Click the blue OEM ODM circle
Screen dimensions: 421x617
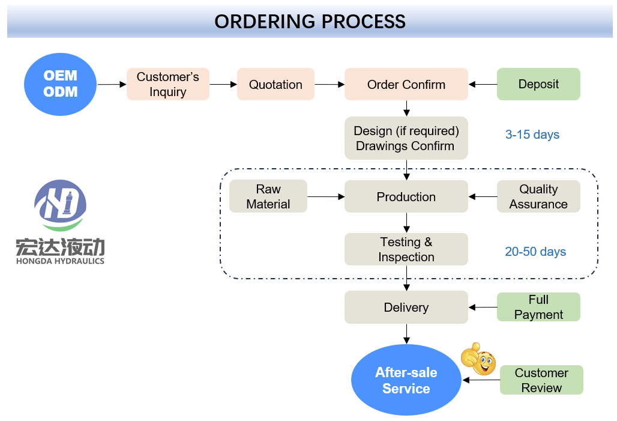coord(60,84)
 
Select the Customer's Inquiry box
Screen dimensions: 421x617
coord(167,84)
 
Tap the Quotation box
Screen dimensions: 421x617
coord(275,84)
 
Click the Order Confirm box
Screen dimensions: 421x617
coord(406,84)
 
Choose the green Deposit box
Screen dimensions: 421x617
coord(538,84)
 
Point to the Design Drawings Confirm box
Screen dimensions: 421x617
coord(406,138)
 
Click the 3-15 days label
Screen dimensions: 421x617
coord(532,135)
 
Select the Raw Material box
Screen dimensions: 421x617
coord(268,196)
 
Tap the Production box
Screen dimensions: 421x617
coord(406,196)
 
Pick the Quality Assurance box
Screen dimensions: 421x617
coord(538,196)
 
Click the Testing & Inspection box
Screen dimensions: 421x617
coord(406,249)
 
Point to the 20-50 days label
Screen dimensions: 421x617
coord(535,252)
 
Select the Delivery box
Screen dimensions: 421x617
coord(406,307)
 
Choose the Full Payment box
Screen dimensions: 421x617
coord(538,307)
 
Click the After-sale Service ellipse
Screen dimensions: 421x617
coord(406,380)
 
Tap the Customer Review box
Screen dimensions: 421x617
coord(541,380)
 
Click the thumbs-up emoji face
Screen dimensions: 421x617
coord(478,359)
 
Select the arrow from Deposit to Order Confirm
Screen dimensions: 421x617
coord(483,84)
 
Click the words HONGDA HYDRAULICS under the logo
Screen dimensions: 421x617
coord(60,261)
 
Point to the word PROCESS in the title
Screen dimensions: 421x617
coord(363,22)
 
